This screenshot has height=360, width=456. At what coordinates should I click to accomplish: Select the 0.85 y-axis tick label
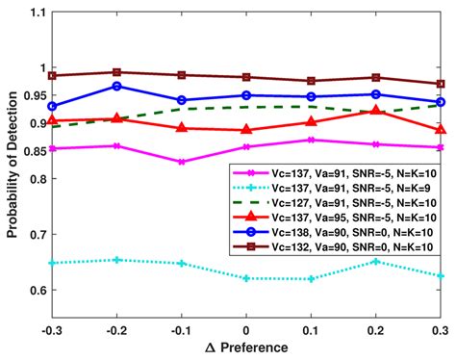(x=29, y=151)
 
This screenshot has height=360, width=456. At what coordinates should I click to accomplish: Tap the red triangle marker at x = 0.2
(x=376, y=112)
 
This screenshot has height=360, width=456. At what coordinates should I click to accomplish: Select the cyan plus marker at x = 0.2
(x=376, y=262)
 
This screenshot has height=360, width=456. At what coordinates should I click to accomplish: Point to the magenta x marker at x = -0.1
(x=181, y=162)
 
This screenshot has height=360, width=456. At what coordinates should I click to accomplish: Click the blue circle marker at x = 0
(x=246, y=95)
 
